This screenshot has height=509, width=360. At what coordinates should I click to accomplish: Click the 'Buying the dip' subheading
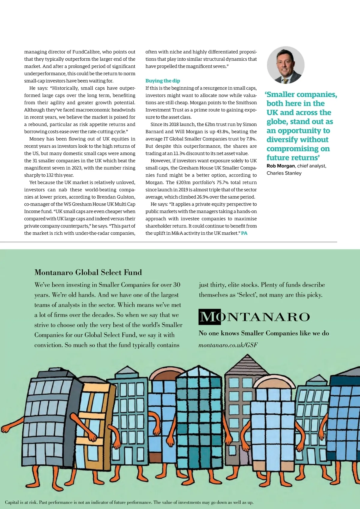[x=163, y=81]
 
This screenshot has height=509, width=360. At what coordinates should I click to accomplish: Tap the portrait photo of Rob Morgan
[x=285, y=65]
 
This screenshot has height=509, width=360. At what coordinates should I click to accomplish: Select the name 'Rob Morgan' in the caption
[x=280, y=166]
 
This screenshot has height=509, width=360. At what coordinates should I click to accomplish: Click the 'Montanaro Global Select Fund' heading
[x=88, y=273]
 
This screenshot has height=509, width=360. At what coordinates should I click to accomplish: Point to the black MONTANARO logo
[x=254, y=317]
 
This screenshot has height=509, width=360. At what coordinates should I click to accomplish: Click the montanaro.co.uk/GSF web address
[x=228, y=345]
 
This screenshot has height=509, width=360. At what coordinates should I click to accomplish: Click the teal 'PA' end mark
[x=244, y=233]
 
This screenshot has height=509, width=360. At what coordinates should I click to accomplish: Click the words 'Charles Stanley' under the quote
[x=284, y=173]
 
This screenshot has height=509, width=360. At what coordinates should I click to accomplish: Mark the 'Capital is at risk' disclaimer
[x=129, y=502]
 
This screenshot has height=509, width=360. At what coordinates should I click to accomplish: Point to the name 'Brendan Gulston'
[x=117, y=197]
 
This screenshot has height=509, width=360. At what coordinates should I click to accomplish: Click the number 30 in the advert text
[x=177, y=285]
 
